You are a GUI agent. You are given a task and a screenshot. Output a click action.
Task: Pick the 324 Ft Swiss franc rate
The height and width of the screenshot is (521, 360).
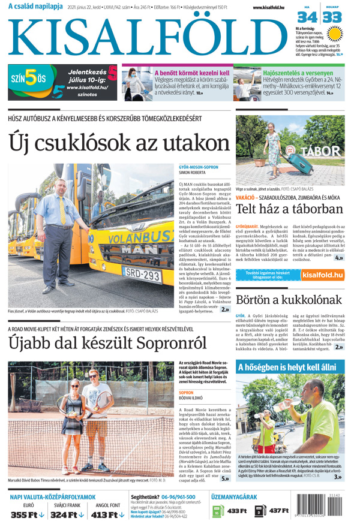68,514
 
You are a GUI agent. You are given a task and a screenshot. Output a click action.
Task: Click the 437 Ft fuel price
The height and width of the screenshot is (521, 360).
279,511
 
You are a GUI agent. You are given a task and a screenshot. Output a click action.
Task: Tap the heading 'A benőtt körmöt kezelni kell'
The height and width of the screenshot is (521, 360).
191,73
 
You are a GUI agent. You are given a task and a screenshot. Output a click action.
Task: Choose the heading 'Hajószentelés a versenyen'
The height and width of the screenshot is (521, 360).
298,73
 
